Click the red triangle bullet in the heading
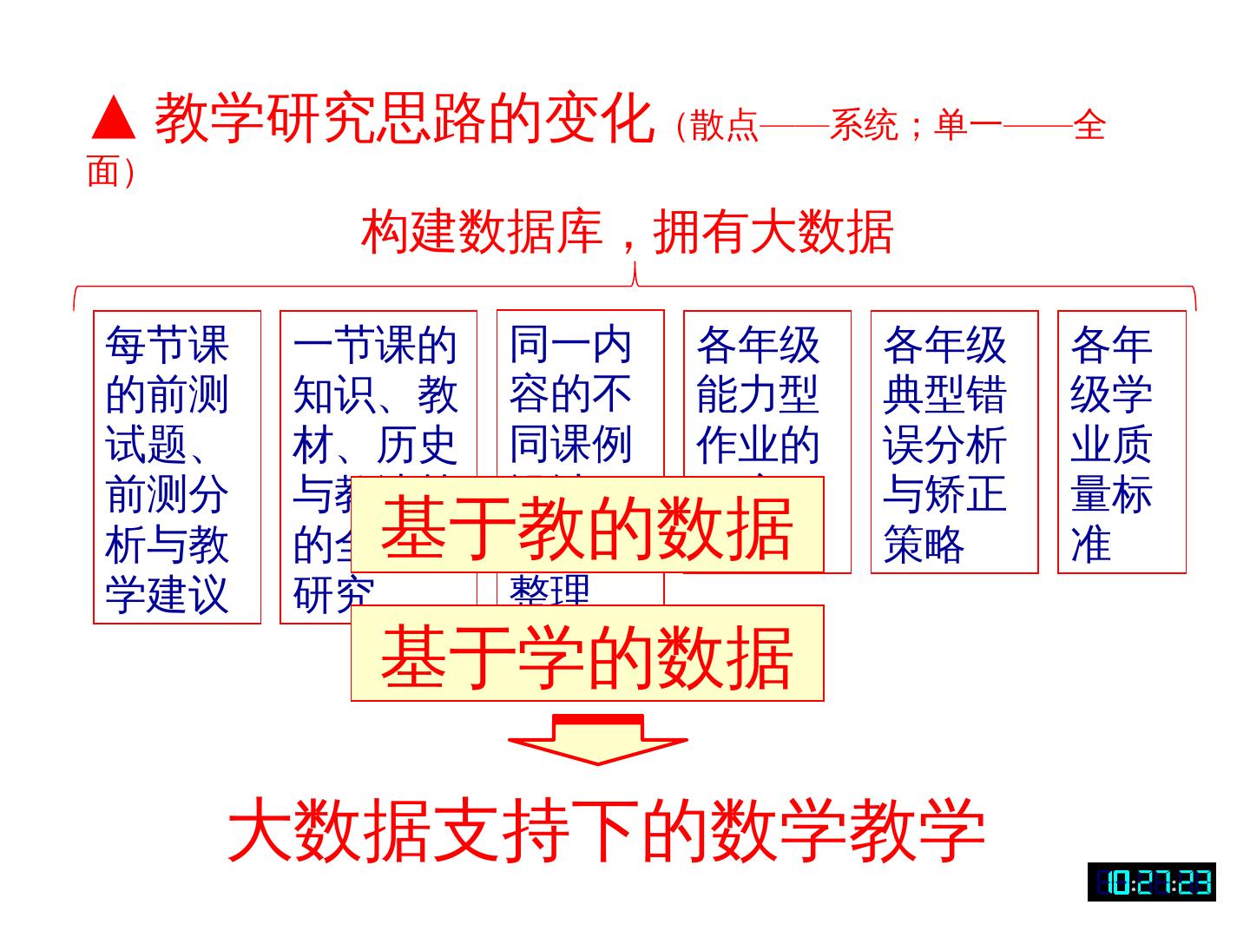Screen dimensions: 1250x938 (113, 119)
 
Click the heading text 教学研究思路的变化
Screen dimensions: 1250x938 (404, 119)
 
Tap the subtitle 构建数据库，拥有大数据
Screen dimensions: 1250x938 (627, 231)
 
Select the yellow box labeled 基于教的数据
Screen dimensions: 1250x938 (587, 525)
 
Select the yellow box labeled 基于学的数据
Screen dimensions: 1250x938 (587, 653)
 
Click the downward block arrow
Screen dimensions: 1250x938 (597, 739)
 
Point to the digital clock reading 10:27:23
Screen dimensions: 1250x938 (1151, 882)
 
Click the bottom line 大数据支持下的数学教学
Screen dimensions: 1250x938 (606, 830)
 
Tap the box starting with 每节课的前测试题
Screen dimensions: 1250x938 (177, 467)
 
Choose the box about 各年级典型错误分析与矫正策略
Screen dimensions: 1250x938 (954, 442)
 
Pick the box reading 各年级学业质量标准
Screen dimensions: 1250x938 (1122, 442)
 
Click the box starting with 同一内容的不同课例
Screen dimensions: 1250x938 (580, 391)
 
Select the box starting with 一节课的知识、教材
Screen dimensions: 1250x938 (378, 391)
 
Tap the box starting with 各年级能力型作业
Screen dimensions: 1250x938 (766, 391)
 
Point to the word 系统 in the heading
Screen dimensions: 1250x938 (864, 127)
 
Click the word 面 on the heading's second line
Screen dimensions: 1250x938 (102, 172)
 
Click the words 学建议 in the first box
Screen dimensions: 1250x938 (167, 596)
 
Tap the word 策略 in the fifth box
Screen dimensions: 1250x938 (924, 545)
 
